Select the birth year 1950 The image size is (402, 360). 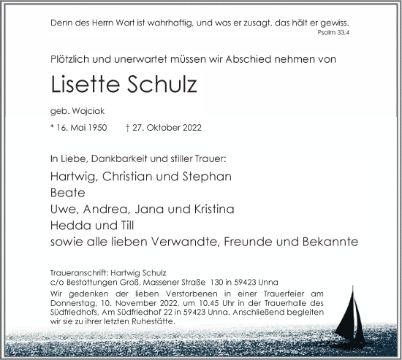click(x=96, y=129)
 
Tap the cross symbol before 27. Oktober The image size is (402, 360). click(x=129, y=129)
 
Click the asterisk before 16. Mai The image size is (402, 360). click(x=53, y=129)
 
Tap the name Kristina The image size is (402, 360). click(x=211, y=209)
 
